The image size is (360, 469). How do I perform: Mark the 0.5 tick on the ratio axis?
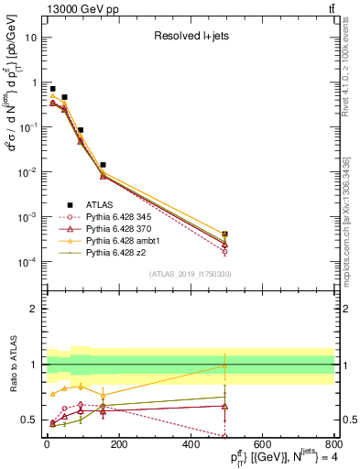(x=34, y=420)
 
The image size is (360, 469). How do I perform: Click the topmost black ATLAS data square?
(x=53, y=89)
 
